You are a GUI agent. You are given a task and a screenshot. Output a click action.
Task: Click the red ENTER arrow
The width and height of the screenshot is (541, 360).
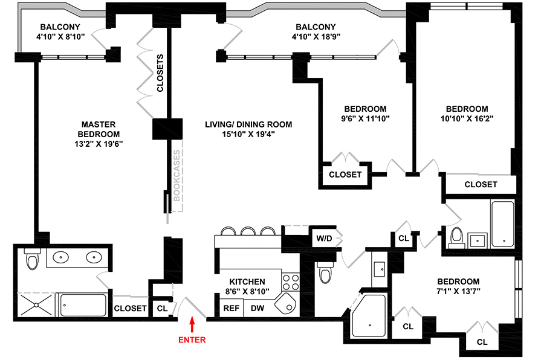192,325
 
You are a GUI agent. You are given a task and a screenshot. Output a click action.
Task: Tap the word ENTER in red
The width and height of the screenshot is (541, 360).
192,340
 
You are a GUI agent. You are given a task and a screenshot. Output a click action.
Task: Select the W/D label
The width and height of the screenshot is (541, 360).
324,238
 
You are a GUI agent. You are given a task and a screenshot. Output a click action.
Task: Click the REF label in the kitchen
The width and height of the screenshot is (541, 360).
231,308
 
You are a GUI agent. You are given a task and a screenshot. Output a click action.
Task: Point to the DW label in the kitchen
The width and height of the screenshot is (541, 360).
258,308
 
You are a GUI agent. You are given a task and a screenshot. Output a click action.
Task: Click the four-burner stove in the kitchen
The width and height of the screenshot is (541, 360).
291,282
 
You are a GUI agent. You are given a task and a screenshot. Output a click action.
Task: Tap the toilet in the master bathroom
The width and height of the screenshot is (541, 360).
32,259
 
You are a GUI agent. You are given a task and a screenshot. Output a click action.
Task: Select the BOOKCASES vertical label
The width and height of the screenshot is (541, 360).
177,176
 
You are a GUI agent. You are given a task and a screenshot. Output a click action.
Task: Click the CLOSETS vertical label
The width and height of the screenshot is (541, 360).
160,73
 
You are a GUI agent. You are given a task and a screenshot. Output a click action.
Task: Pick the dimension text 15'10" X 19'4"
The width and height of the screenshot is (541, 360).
248,134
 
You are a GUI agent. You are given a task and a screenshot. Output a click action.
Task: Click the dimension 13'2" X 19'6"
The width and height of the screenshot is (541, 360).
99,144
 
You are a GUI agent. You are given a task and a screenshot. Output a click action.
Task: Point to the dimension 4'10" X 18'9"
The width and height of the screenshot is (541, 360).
316,37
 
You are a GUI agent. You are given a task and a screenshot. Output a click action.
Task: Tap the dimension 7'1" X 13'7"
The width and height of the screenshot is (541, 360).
458,291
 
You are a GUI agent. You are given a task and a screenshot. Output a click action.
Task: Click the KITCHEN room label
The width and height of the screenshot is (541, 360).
247,281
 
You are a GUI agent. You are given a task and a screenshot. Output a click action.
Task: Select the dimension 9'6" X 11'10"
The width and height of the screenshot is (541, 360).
365,118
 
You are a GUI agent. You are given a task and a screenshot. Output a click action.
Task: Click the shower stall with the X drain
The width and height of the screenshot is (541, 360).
36,305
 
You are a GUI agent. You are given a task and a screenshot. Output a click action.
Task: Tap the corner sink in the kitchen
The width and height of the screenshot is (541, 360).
286,303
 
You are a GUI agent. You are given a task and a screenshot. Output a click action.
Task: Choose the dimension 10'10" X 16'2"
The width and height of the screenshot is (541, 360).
467,118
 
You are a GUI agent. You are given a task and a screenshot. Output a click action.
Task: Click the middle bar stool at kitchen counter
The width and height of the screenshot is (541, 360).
248,231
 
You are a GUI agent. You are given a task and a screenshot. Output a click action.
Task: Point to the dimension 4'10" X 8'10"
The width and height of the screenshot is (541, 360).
60,37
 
